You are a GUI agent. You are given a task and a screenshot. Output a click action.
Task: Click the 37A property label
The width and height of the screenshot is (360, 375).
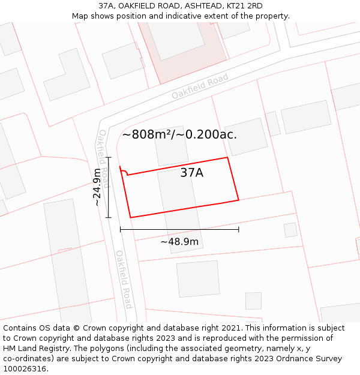coord(191,173)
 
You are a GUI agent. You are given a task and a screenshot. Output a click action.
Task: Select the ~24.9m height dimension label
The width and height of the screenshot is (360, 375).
coord(97,187)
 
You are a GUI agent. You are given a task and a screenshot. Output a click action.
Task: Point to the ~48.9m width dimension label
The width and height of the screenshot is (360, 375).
coord(179,241)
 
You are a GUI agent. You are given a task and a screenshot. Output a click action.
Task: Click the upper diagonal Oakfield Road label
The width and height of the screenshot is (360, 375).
coord(200,87)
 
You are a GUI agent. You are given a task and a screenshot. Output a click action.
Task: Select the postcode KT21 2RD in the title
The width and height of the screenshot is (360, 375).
coord(242,6)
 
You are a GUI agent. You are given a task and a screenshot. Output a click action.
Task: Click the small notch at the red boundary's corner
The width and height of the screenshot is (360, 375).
coord(123,172)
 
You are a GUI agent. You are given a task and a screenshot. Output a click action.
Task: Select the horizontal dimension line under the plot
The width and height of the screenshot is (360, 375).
coord(179,229)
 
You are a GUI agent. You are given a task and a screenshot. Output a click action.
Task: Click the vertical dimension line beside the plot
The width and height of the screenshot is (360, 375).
coord(109,187)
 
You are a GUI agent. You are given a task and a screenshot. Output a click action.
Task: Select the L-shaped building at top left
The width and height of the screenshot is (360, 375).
coord(65,74)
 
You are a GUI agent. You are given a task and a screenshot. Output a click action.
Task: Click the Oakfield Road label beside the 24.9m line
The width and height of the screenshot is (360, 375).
coord(104,158)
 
